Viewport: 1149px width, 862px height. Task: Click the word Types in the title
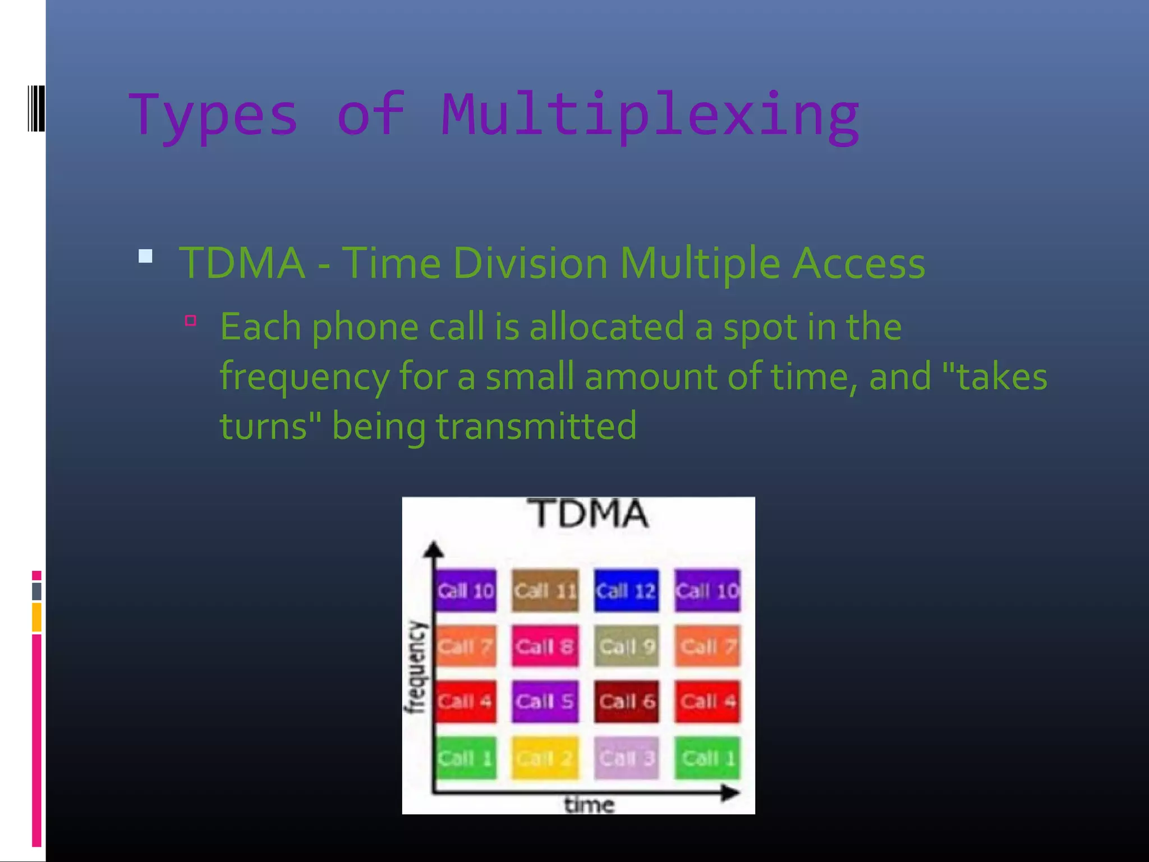(x=213, y=115)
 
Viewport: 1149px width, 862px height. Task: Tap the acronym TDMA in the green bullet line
(x=242, y=263)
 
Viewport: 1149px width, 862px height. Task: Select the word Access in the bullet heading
(x=858, y=263)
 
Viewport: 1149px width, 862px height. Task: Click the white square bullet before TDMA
(x=145, y=256)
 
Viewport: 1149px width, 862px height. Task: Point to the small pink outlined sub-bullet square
(x=191, y=320)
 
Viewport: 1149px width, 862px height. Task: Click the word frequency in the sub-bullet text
(x=304, y=376)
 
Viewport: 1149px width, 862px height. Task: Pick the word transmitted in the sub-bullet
(x=536, y=425)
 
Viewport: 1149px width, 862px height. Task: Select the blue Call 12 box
(x=626, y=590)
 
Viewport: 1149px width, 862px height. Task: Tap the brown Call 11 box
(x=545, y=590)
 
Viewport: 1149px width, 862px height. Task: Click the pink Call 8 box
(x=545, y=646)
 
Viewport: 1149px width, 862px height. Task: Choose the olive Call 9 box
(x=626, y=646)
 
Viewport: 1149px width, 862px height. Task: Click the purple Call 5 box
(x=545, y=701)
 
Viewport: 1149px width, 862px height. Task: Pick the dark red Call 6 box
(x=626, y=701)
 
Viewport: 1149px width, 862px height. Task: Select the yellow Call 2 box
(x=545, y=758)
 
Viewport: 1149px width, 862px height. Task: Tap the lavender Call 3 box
(x=626, y=758)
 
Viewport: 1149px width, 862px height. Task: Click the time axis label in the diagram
(x=589, y=805)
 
